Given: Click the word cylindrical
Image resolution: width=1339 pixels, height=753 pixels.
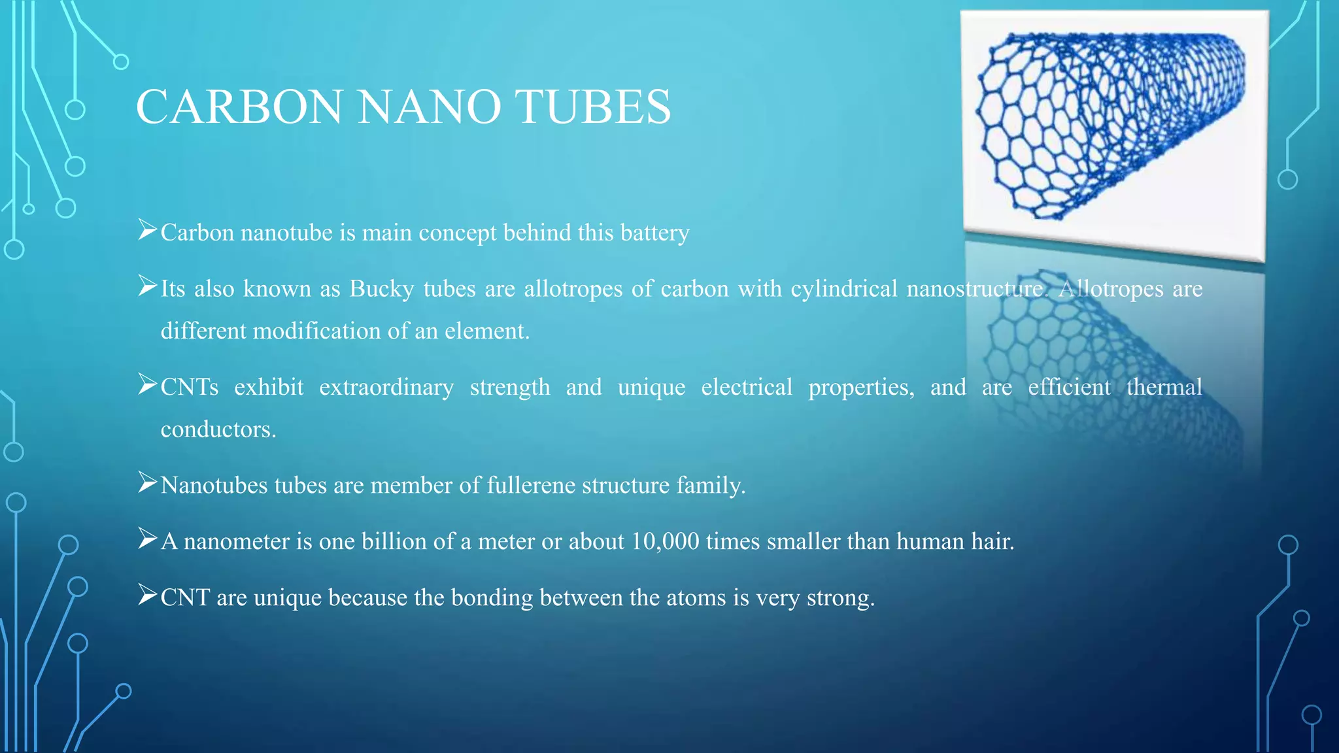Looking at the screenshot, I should coord(843,289).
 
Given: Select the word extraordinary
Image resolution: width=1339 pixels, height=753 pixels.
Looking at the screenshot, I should coord(386,388).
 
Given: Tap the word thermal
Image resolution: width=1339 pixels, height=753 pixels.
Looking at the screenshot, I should coord(1164,388).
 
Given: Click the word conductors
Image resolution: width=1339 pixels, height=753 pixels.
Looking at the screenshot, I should coord(218,429).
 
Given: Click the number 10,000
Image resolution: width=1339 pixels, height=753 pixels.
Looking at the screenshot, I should coord(665,542).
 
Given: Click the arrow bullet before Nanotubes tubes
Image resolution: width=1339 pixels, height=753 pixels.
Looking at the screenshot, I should coord(147,483).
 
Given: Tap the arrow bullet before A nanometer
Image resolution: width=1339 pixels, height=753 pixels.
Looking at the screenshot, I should coord(147,539).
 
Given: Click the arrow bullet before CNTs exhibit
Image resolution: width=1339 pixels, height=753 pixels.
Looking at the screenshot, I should coord(147,385).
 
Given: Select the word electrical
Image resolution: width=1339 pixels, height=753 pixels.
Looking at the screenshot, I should coord(747,388).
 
